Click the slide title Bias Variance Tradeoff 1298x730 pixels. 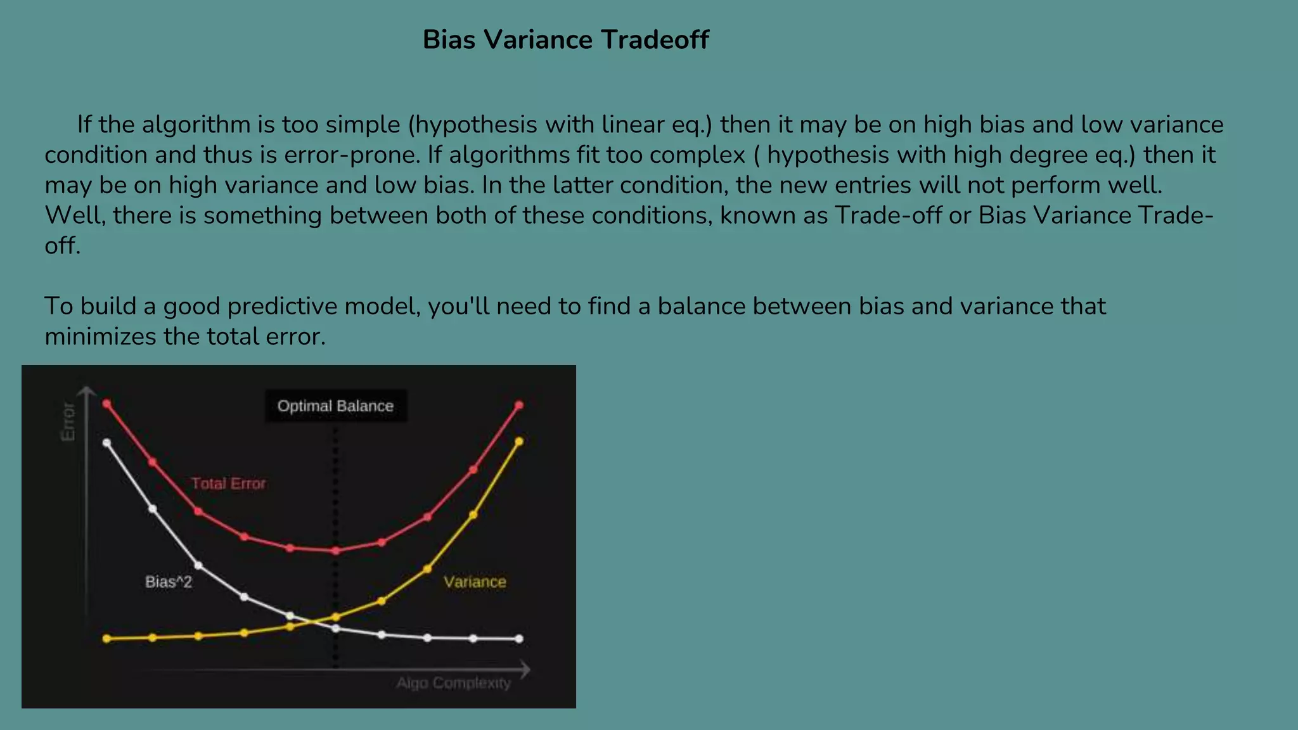(x=565, y=39)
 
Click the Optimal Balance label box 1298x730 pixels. (x=335, y=406)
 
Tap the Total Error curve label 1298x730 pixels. (x=228, y=483)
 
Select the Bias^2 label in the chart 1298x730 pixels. (x=169, y=582)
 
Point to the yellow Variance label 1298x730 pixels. (x=475, y=582)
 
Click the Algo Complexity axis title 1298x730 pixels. (x=453, y=683)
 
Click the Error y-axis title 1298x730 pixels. (x=68, y=421)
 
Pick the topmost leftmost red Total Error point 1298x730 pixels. (x=106, y=404)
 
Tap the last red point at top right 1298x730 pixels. (x=519, y=405)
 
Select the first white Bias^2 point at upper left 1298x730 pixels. (x=106, y=443)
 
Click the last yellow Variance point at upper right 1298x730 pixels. (x=519, y=442)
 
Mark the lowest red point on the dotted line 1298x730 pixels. (x=336, y=551)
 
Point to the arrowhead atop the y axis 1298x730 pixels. (x=87, y=390)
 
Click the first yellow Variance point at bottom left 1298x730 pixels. (x=106, y=639)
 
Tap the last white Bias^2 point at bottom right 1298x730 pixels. (x=519, y=639)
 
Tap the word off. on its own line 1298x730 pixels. (x=62, y=246)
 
